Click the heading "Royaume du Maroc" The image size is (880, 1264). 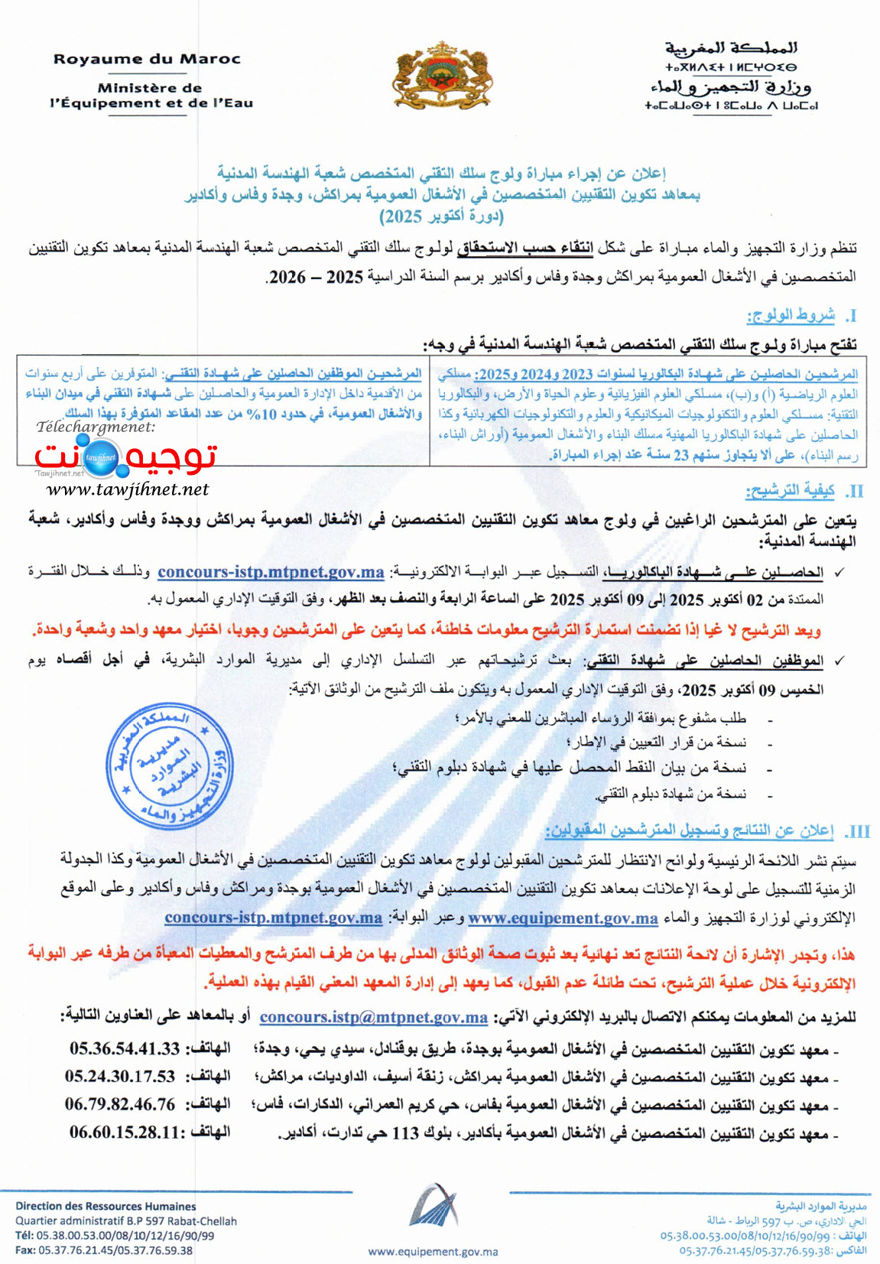pos(147,59)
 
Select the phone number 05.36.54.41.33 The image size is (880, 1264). pos(125,1048)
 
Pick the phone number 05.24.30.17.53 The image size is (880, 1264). pos(120,1077)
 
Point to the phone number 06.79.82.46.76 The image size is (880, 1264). pos(120,1105)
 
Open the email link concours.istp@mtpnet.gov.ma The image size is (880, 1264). pos(373,1017)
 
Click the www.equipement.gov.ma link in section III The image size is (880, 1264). pos(563,918)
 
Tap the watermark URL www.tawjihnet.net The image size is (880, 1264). pos(128,489)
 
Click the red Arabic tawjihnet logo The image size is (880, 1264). pos(126,457)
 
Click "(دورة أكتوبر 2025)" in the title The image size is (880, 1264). pos(441,216)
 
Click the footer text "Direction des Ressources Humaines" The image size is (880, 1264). pos(106,1206)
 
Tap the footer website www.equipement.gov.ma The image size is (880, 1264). pos(433,1252)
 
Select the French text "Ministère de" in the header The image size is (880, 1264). pos(150,88)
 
